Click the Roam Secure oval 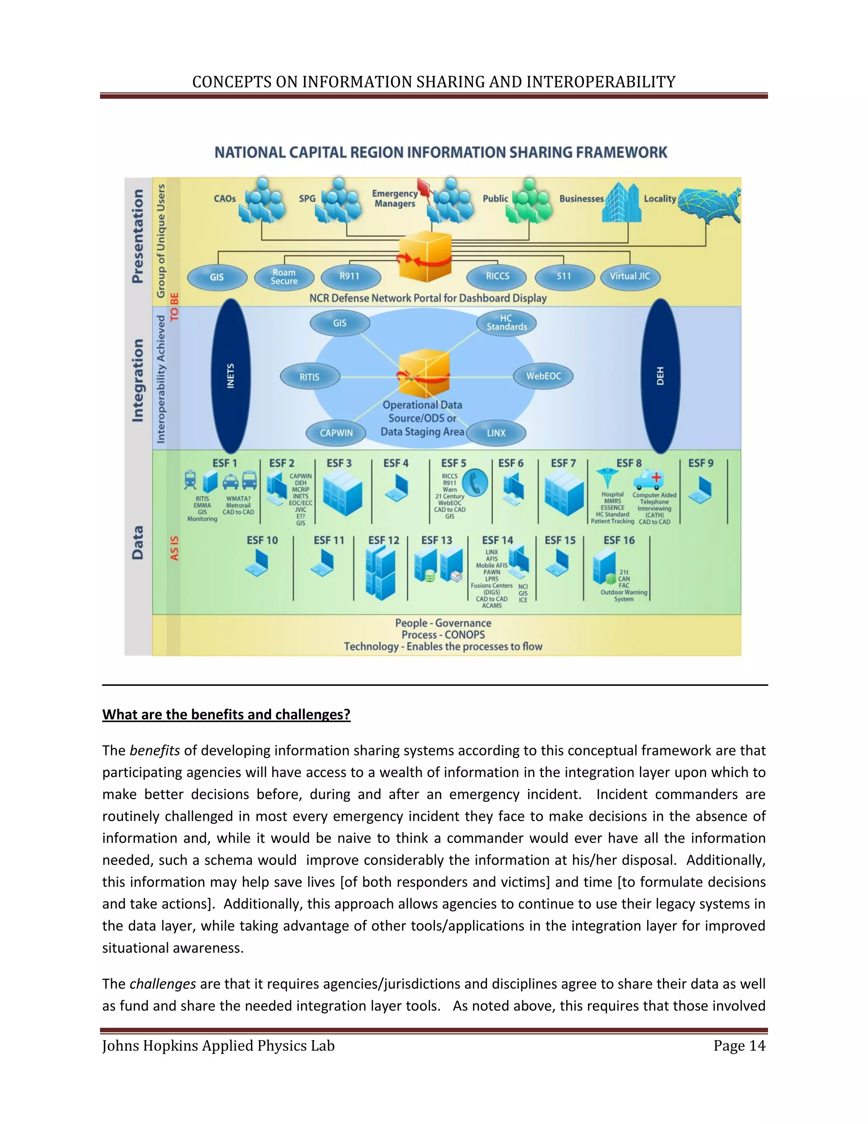[284, 277]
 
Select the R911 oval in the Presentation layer [350, 277]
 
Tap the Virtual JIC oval [630, 277]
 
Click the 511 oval [564, 277]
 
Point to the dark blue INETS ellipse [231, 376]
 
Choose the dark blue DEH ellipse [661, 376]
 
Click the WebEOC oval [543, 376]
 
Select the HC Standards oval [506, 323]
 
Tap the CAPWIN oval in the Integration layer [336, 433]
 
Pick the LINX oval [496, 433]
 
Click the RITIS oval [309, 377]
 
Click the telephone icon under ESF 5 [475, 483]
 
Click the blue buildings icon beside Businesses [621, 203]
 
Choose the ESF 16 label [619, 540]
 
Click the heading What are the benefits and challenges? [226, 714]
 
